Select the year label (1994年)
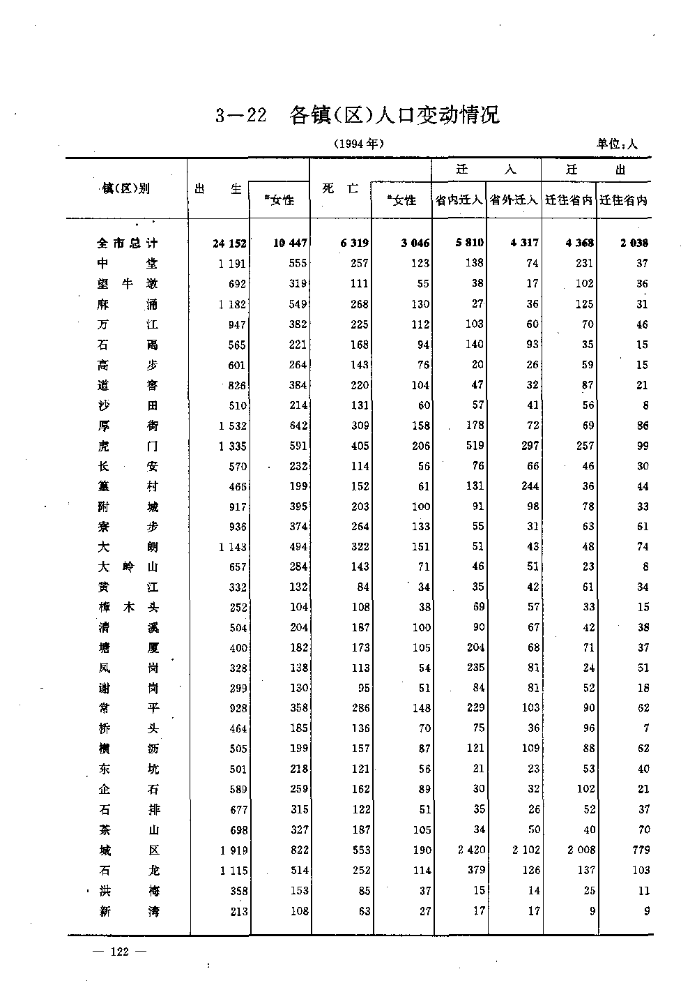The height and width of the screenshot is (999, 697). click(358, 144)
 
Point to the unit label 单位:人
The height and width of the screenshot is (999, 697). click(617, 144)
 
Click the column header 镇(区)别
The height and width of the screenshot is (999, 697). click(126, 188)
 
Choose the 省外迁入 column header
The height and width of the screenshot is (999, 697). click(514, 200)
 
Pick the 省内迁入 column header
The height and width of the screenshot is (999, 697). click(459, 200)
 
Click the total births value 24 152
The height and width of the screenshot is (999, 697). click(229, 243)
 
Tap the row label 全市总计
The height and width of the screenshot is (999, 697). click(128, 243)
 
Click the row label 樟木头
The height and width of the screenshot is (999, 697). click(128, 607)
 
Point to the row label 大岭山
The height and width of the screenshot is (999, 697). click(128, 566)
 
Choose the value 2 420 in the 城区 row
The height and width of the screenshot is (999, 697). click(467, 850)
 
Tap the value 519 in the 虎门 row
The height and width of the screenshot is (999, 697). click(474, 446)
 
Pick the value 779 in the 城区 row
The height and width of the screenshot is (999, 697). click(640, 850)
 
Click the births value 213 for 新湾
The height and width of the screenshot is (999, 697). click(238, 910)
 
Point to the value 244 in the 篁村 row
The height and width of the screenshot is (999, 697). click(530, 486)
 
